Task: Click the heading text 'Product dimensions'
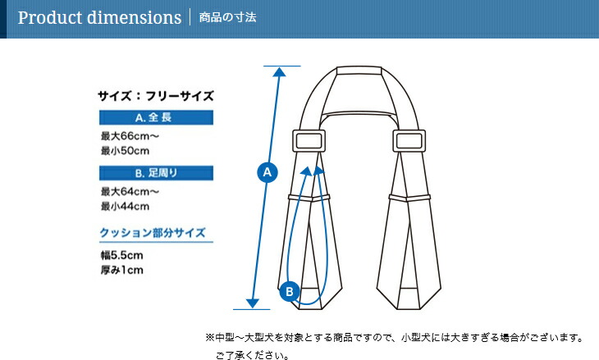(x=99, y=17)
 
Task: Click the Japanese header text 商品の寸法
(x=227, y=17)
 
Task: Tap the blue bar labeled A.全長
(x=156, y=117)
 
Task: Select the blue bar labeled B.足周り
(x=156, y=173)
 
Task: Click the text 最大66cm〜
(x=130, y=136)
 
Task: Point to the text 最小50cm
(x=125, y=151)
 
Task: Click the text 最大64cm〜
(x=130, y=191)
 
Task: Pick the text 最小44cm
(x=125, y=206)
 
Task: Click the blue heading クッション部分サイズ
(x=153, y=233)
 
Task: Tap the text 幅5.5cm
(x=122, y=255)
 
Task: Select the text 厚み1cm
(x=122, y=270)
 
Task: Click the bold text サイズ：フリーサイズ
(x=155, y=96)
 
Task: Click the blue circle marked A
(x=267, y=172)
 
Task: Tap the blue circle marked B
(x=290, y=292)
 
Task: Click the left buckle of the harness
(x=309, y=141)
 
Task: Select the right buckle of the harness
(x=409, y=141)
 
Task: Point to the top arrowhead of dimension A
(x=279, y=72)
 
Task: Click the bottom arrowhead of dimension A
(x=253, y=303)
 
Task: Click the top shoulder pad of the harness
(x=359, y=71)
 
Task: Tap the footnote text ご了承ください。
(x=253, y=355)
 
